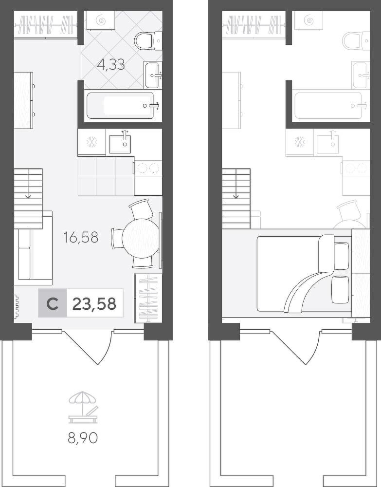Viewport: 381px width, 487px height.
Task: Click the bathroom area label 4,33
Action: [x=111, y=65]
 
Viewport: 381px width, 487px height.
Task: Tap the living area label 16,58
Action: [x=81, y=237]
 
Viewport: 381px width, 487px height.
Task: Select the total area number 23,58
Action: [x=94, y=303]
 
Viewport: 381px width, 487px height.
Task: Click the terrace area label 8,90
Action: [x=83, y=438]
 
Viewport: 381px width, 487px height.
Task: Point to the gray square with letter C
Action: [x=53, y=303]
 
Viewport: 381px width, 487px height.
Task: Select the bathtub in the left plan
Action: [x=120, y=106]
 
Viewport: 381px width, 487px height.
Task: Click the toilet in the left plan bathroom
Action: [x=148, y=41]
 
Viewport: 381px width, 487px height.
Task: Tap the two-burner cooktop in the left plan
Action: [x=148, y=168]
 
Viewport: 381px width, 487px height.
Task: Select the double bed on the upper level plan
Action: [x=304, y=273]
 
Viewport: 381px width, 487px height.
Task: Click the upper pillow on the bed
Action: [x=342, y=256]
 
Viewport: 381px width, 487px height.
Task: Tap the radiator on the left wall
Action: [x=16, y=306]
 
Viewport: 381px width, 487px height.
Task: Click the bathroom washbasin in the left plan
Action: [x=153, y=75]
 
